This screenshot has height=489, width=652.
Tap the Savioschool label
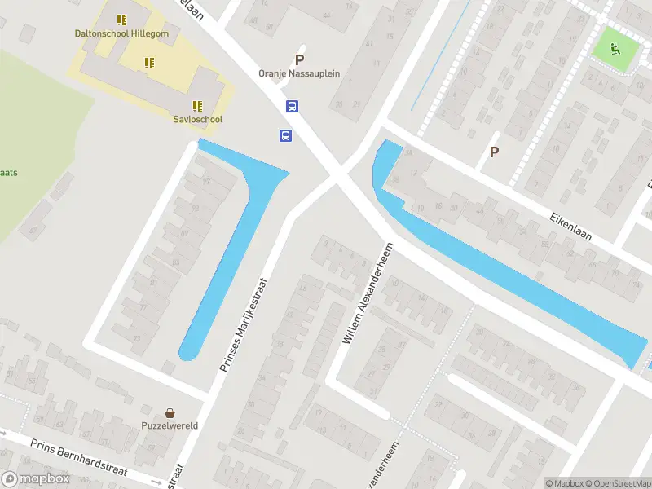click(198, 119)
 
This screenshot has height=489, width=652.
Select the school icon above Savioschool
click(197, 105)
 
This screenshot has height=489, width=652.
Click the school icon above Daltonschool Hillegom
click(121, 20)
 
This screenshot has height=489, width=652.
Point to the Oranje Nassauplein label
click(299, 73)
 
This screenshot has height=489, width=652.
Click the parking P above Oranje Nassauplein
click(299, 59)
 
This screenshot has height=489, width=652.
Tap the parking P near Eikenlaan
click(493, 152)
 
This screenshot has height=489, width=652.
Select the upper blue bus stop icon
click(292, 106)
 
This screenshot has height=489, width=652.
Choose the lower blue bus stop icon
click(285, 136)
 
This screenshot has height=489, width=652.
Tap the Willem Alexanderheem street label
click(368, 292)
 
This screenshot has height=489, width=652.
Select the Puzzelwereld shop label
click(170, 425)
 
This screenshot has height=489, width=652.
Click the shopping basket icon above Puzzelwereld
click(170, 413)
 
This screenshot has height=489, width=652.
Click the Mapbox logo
click(36, 479)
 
